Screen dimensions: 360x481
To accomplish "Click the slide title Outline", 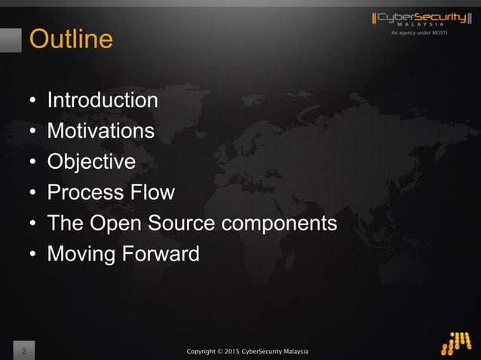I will click(71, 38).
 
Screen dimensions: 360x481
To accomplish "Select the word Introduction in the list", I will click(103, 100).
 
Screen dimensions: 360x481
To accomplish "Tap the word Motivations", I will click(100, 131).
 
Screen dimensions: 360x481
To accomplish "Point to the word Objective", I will click(91, 162).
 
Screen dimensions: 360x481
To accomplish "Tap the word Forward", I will click(159, 255).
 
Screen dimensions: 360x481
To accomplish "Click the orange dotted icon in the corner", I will click(456, 343).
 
